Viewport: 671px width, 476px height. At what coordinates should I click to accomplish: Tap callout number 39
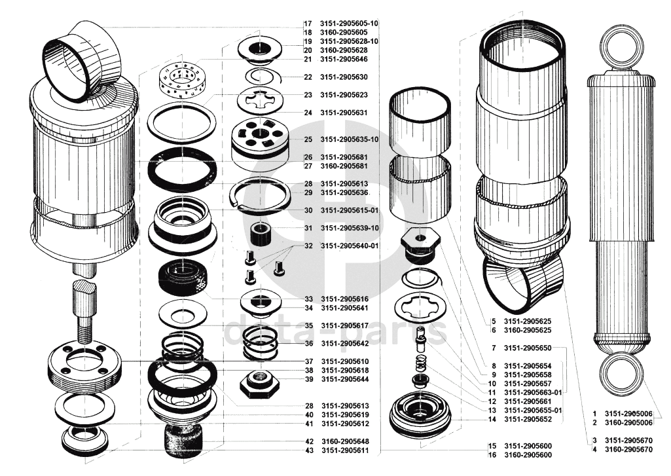click(x=308, y=379)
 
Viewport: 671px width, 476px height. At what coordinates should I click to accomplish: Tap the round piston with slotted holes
click(x=260, y=139)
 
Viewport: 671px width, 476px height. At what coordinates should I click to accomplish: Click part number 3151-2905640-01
click(x=350, y=246)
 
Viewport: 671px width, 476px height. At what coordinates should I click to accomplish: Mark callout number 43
click(x=308, y=450)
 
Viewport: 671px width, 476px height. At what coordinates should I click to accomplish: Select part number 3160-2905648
click(x=344, y=441)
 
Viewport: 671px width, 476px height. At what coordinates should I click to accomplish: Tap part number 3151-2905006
click(x=628, y=414)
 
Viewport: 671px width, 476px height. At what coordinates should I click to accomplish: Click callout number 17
click(x=308, y=23)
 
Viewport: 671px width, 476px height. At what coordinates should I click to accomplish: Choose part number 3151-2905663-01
click(x=534, y=392)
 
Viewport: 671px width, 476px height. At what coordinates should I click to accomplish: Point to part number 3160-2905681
click(x=344, y=166)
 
